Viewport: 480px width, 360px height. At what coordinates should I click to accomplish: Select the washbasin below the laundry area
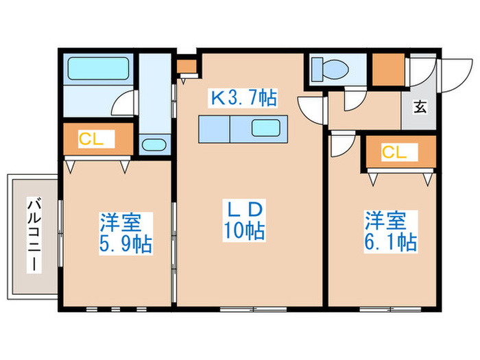153,145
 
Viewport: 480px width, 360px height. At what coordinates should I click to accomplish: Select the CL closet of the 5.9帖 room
96,140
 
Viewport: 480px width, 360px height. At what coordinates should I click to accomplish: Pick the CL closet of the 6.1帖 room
399,153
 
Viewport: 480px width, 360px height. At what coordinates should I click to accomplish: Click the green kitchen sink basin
265,128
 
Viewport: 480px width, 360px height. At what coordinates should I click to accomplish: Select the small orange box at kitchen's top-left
186,67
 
